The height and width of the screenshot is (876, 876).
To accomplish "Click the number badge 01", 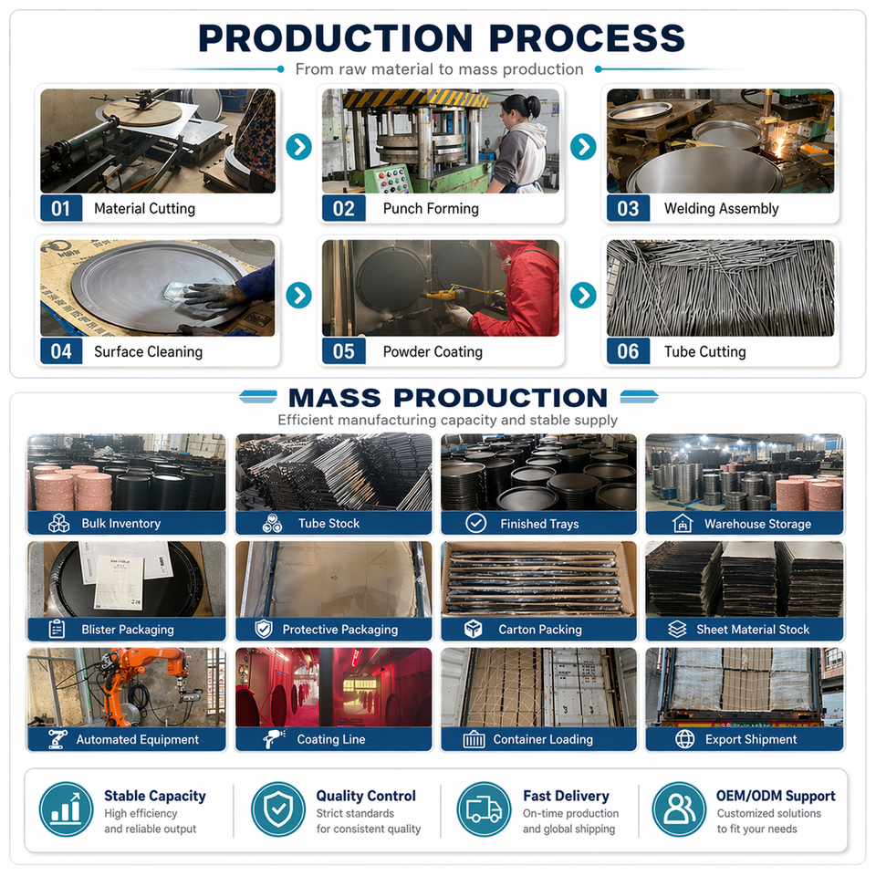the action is tap(61, 208).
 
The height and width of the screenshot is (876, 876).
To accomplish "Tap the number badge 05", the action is tap(344, 351).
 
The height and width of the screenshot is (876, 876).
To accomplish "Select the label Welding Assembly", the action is tap(721, 208).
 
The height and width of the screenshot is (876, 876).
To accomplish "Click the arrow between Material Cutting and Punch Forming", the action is tap(299, 147).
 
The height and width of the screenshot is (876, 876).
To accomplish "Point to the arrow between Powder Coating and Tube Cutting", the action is tap(583, 296).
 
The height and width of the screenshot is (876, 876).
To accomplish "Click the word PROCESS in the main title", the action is tap(587, 38).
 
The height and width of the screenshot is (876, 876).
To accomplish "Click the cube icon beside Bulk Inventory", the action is tap(58, 524).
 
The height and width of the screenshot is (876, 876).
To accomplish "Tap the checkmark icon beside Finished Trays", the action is tap(476, 524).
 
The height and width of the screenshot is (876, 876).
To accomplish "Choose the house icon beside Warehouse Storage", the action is tap(683, 524).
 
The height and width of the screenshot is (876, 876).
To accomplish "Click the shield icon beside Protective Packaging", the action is tap(264, 630).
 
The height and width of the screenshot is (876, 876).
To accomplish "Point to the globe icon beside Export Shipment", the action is tap(685, 739).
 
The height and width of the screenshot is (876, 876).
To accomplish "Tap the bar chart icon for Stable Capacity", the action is tap(66, 809).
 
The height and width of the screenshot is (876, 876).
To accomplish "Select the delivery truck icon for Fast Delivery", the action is tap(484, 809).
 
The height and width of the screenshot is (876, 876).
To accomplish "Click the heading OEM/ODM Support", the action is tap(776, 796).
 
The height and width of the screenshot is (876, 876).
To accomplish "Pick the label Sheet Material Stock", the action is tap(753, 630).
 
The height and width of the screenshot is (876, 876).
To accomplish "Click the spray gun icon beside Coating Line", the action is tap(274, 739).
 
